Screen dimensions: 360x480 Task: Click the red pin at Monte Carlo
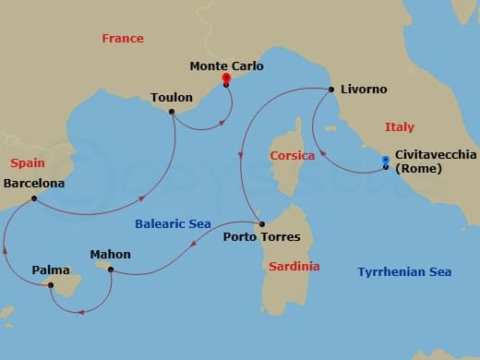pyautogui.click(x=225, y=79)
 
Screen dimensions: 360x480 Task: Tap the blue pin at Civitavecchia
pyautogui.click(x=386, y=162)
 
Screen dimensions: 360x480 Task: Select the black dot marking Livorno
pyautogui.click(x=330, y=90)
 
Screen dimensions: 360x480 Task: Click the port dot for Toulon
pyautogui.click(x=172, y=112)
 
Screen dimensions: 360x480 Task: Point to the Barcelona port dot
pyautogui.click(x=33, y=198)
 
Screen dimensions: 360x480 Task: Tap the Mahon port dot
pyautogui.click(x=110, y=270)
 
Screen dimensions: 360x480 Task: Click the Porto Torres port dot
pyautogui.click(x=261, y=224)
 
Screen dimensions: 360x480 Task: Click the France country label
pyautogui.click(x=123, y=38)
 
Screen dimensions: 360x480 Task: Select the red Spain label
pyautogui.click(x=28, y=162)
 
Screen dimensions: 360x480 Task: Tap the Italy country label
pyautogui.click(x=399, y=126)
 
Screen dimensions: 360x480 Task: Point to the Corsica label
pyautogui.click(x=292, y=156)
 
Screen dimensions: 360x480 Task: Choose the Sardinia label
pyautogui.click(x=294, y=266)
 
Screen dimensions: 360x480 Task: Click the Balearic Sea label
pyautogui.click(x=173, y=223)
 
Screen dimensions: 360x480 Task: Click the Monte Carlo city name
pyautogui.click(x=226, y=66)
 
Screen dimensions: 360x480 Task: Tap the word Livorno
pyautogui.click(x=365, y=90)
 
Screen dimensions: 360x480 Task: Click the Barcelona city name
pyautogui.click(x=34, y=184)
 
